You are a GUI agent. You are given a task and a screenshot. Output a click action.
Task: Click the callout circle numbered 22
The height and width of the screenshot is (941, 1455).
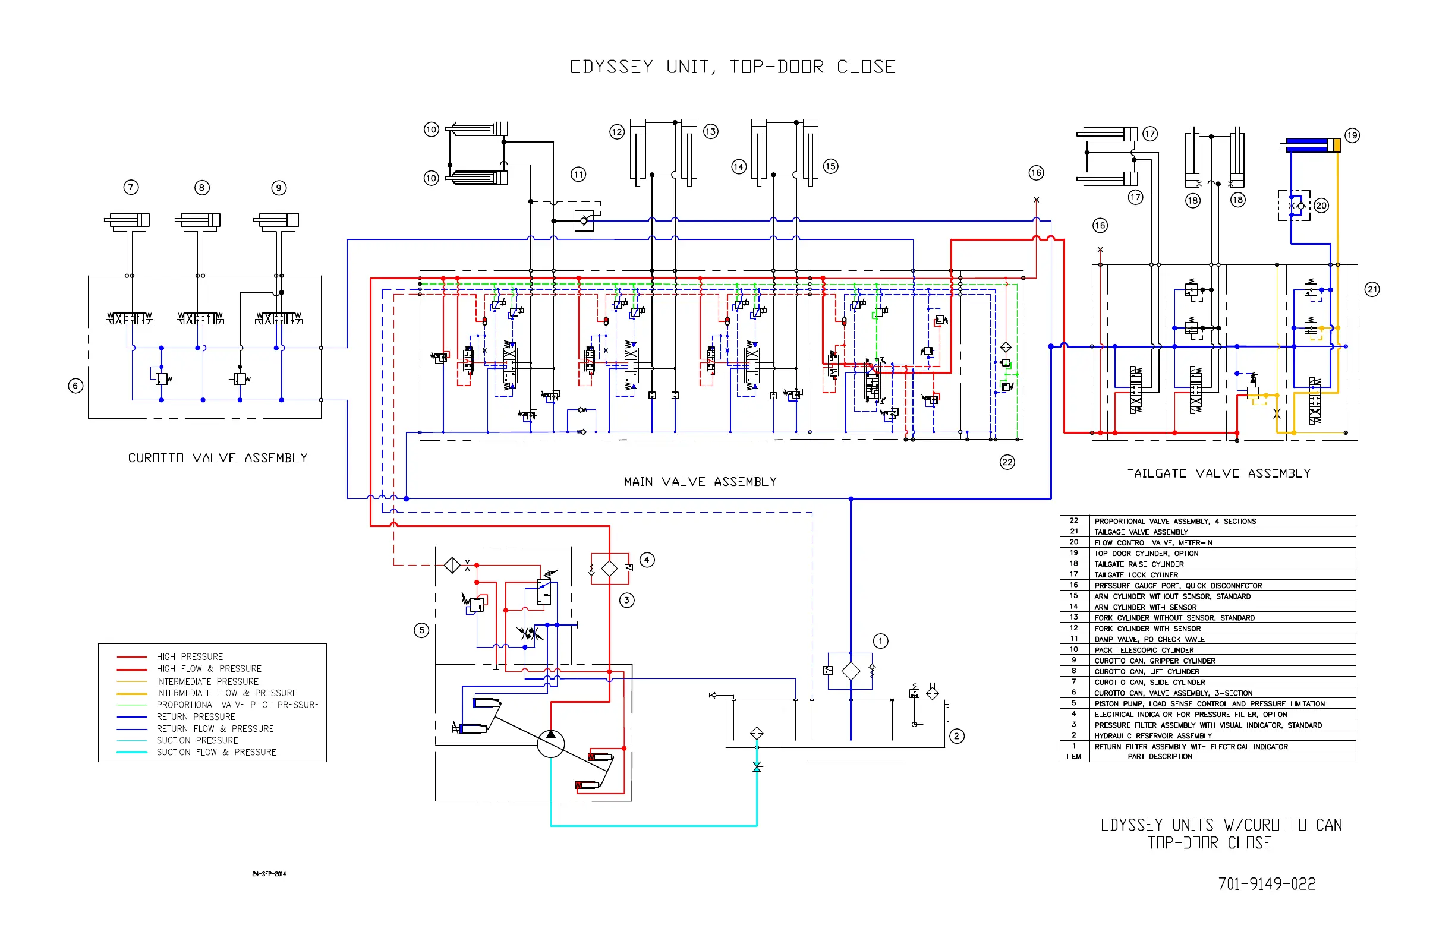click(1007, 462)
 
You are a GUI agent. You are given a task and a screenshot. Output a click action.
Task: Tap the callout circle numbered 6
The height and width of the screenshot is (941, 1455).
click(75, 386)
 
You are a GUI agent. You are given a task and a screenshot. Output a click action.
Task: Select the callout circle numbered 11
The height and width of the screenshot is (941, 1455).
click(578, 175)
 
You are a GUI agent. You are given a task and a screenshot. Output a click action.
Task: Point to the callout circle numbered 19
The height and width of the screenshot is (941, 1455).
click(1352, 135)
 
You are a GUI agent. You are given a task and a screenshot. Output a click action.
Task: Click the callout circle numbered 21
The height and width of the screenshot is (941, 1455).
click(1372, 290)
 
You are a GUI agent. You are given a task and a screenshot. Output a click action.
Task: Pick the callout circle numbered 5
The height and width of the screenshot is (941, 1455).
click(421, 630)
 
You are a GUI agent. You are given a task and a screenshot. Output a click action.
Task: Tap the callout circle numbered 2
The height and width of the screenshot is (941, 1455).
click(957, 736)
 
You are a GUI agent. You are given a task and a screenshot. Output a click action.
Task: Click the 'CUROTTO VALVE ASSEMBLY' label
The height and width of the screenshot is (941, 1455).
click(218, 458)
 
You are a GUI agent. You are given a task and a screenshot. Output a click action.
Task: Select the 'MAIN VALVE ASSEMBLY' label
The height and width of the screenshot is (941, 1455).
click(700, 482)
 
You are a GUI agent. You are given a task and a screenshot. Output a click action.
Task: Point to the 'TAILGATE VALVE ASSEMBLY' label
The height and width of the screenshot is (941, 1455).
click(1218, 473)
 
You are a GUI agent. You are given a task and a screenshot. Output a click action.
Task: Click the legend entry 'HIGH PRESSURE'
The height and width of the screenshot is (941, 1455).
click(190, 657)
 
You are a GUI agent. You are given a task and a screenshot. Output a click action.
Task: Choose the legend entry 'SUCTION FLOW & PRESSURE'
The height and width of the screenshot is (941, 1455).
click(216, 752)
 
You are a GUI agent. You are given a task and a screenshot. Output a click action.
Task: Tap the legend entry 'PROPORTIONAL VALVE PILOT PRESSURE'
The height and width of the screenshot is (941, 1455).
click(238, 705)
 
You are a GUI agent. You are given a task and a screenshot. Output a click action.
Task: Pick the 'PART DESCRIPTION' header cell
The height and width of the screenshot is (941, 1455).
click(1160, 756)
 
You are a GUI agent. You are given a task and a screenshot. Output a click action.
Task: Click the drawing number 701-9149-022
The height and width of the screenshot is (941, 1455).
click(1267, 884)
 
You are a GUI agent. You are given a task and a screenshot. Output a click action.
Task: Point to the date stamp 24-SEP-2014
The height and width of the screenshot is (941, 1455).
click(269, 874)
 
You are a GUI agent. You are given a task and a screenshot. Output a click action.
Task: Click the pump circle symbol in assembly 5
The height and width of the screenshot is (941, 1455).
click(551, 744)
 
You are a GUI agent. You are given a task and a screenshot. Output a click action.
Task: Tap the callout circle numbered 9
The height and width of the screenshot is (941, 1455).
click(279, 188)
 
